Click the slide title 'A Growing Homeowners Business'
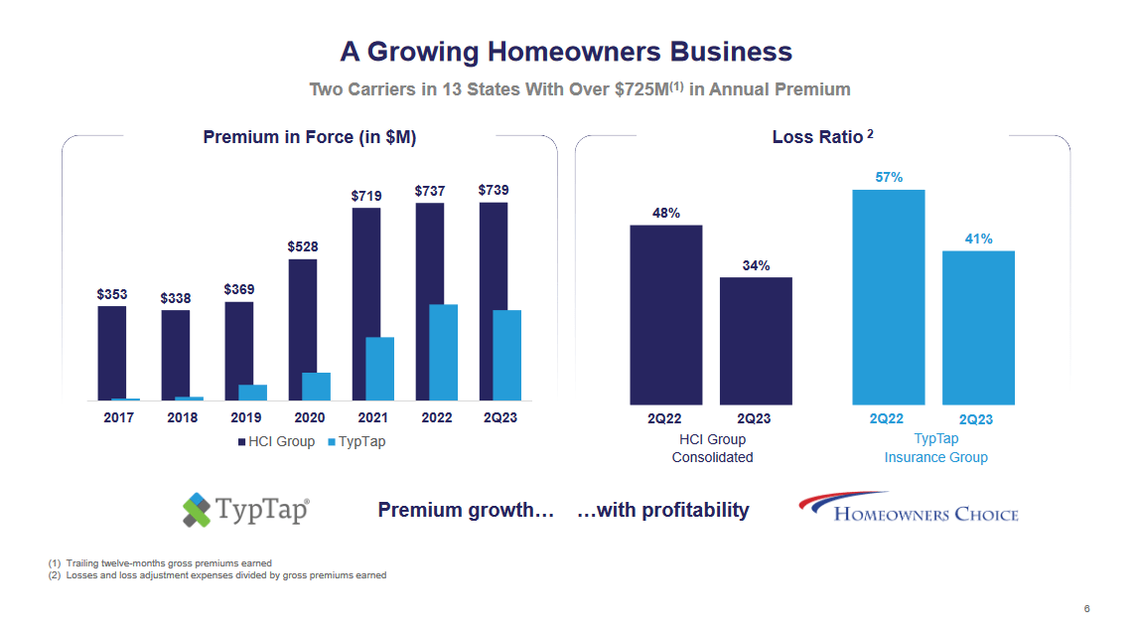566,52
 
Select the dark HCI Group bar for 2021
366,303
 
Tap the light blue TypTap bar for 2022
443,352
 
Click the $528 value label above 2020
303,245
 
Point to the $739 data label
494,189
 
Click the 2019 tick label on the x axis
245,417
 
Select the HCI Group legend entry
276,441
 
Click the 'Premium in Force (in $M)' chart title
309,137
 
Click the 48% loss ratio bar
665,314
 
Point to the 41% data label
978,239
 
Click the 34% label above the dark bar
756,265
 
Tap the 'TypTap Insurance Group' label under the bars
935,448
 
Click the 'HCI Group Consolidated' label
712,448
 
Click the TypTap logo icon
198,510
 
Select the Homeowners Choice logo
908,508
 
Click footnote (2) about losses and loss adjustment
217,575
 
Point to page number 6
1086,609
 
